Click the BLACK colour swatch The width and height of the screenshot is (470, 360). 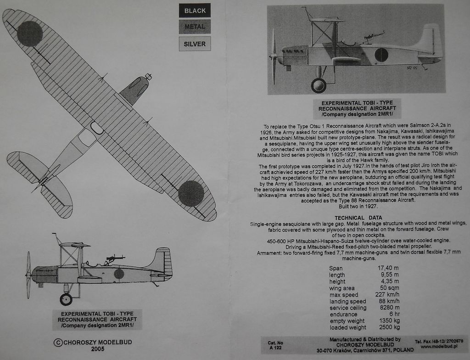pos(195,10)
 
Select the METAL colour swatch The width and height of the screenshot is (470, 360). pos(195,27)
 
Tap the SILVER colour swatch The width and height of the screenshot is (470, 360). pos(195,44)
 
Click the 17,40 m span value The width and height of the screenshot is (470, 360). pos(388,268)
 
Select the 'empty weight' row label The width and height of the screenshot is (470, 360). pos(347,321)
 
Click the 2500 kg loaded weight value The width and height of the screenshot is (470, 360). pos(389,327)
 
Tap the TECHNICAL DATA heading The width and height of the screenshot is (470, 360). pos(358,218)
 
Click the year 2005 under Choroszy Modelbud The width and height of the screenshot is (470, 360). pos(97,349)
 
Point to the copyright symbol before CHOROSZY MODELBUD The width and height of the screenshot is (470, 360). pos(58,342)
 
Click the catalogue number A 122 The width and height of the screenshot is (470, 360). pos(275,348)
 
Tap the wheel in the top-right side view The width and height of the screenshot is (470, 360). pos(318,85)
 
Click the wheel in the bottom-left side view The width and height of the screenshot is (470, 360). pos(66,299)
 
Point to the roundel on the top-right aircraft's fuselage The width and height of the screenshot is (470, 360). pos(381,55)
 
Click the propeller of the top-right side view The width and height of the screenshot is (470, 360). pos(274,57)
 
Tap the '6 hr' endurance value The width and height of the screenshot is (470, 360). pos(393,314)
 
